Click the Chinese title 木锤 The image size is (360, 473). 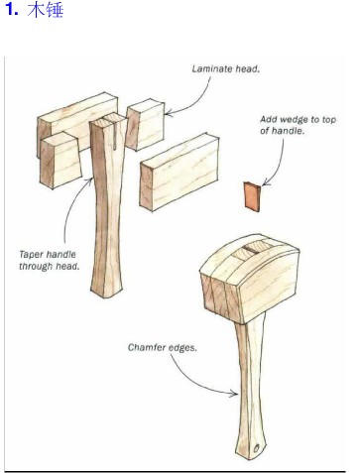pos(45,9)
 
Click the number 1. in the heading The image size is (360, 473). pos(12,9)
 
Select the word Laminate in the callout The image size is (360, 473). pos(212,68)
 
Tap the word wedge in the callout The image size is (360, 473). pos(298,119)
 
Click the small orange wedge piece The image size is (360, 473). pos(252,196)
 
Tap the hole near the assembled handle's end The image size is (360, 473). pos(257,448)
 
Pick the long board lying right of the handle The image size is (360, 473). pos(180,172)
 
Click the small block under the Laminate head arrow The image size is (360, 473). pos(145,124)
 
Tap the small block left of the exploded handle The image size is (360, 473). pos(60,161)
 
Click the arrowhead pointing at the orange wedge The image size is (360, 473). pos(266,182)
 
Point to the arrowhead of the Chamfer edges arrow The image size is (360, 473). pos(234,393)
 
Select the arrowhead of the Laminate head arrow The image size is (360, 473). pos(169,113)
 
